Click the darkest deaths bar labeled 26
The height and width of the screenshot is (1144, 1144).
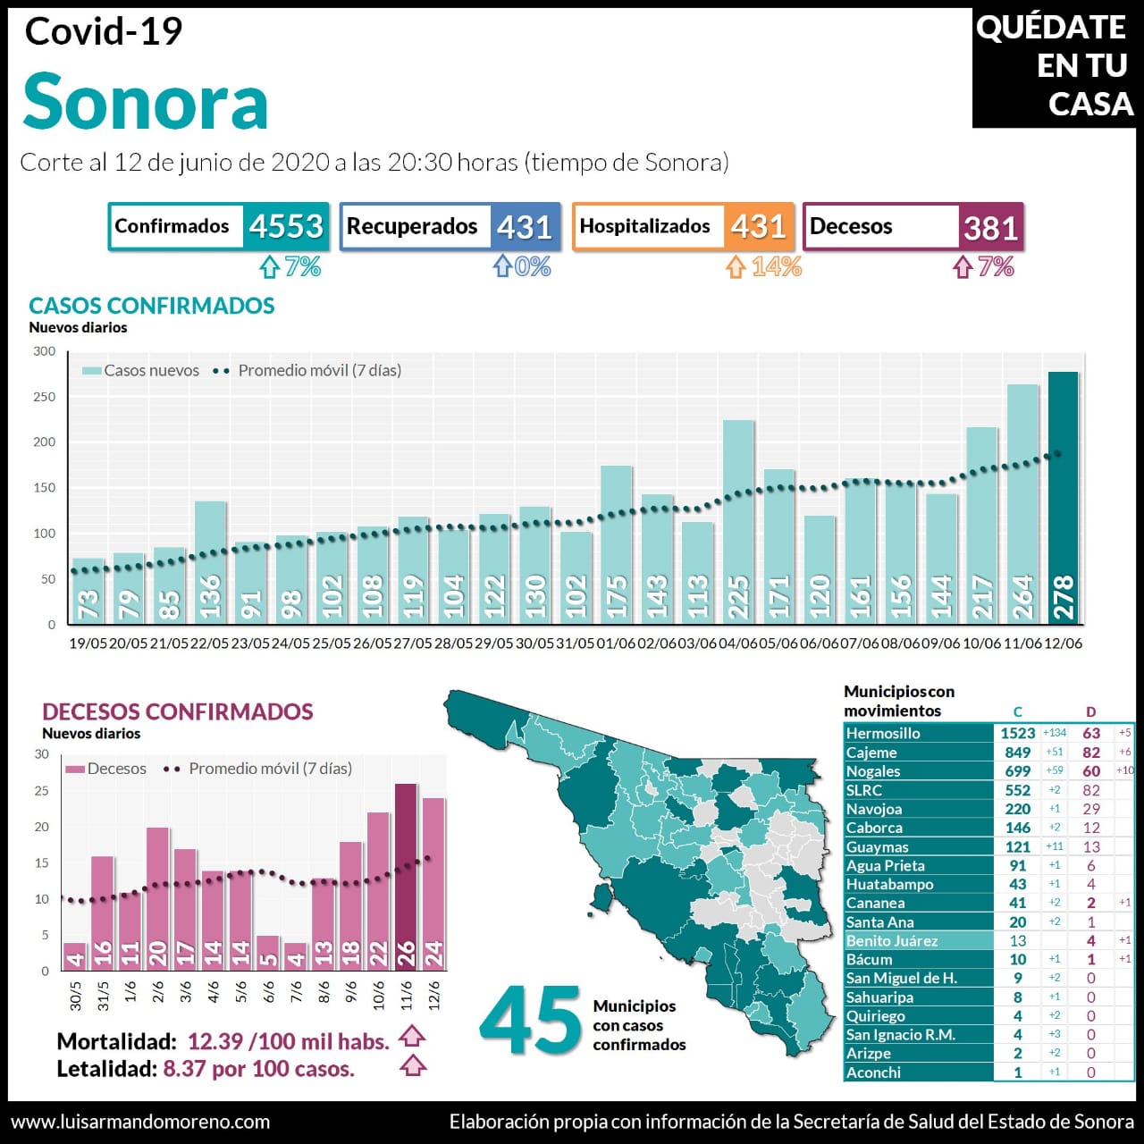point(406,877)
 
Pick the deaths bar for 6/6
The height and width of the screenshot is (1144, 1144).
point(268,953)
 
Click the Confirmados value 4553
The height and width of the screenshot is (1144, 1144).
point(286,226)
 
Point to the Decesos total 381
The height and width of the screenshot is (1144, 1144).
point(990,228)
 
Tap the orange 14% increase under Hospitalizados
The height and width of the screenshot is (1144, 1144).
point(776,266)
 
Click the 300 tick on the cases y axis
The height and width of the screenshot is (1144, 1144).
point(45,351)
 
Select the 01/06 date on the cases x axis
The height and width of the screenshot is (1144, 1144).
point(616,643)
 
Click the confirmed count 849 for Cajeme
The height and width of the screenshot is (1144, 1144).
point(1017,753)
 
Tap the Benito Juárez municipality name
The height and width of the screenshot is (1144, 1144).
point(892,940)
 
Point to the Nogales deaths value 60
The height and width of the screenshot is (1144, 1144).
point(1091,771)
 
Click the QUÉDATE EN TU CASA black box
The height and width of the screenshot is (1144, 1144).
point(1055,66)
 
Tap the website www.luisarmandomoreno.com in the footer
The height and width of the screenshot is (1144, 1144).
point(140,1122)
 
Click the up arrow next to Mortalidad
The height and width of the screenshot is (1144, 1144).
point(411,1037)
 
